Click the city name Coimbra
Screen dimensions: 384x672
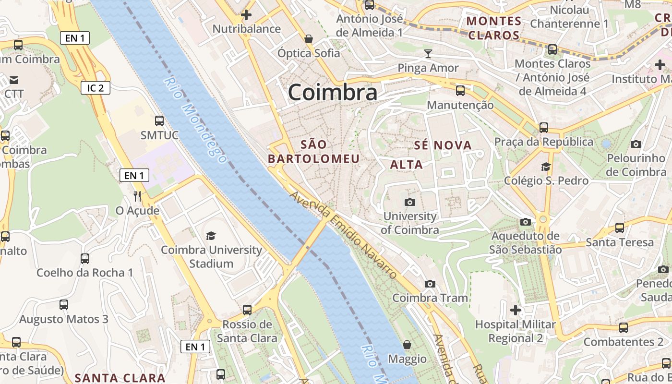pos(332,92)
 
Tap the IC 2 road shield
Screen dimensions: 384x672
pos(96,87)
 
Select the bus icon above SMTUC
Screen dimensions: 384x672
pos(159,121)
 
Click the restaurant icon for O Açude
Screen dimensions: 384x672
pos(137,196)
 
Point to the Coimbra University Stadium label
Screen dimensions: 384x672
pos(211,256)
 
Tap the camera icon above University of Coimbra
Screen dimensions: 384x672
pos(409,202)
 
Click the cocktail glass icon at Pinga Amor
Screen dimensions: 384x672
pos(428,53)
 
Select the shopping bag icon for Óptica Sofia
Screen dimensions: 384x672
pos(309,38)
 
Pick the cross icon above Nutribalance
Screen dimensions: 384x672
pos(246,15)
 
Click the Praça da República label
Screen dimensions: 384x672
pos(544,142)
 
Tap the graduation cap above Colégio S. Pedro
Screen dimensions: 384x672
pos(546,167)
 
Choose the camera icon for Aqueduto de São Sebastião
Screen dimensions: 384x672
pos(526,222)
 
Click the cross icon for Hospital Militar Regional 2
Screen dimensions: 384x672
pos(516,310)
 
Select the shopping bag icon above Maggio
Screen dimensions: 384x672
pos(407,344)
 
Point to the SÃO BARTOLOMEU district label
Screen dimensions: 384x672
pos(313,152)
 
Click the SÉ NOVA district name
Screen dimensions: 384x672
pos(443,145)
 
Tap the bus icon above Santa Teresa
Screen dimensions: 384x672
pos(620,228)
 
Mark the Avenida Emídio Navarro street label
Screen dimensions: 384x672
pos(344,234)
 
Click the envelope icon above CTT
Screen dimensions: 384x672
pos(14,79)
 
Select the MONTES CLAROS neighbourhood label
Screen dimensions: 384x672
pos(494,28)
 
